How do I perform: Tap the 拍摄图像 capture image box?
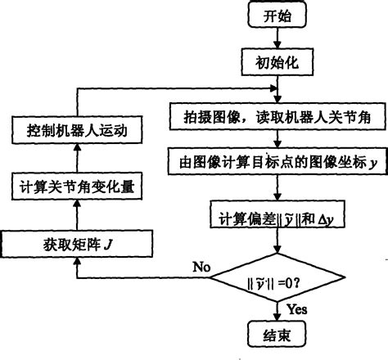(x=278, y=117)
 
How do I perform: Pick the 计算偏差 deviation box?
(x=278, y=219)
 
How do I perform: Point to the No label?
(x=202, y=267)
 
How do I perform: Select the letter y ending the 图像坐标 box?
(x=372, y=164)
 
